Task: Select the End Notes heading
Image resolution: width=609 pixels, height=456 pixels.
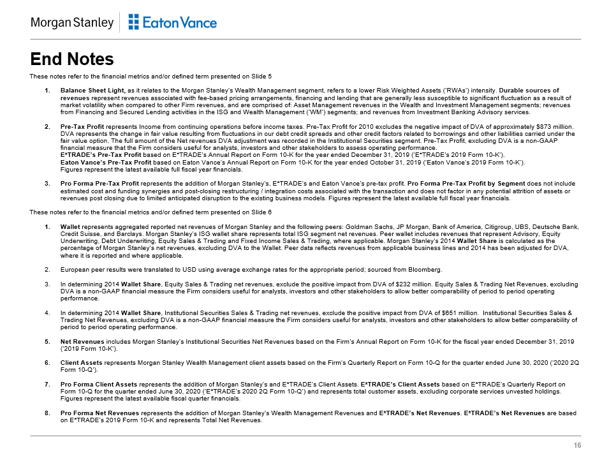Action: pos(72,59)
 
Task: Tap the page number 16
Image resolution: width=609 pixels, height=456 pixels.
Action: pos(577,445)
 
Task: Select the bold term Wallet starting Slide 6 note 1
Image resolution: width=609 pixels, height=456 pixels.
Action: pos(70,226)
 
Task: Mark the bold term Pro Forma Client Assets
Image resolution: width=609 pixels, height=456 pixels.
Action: pos(97,385)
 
